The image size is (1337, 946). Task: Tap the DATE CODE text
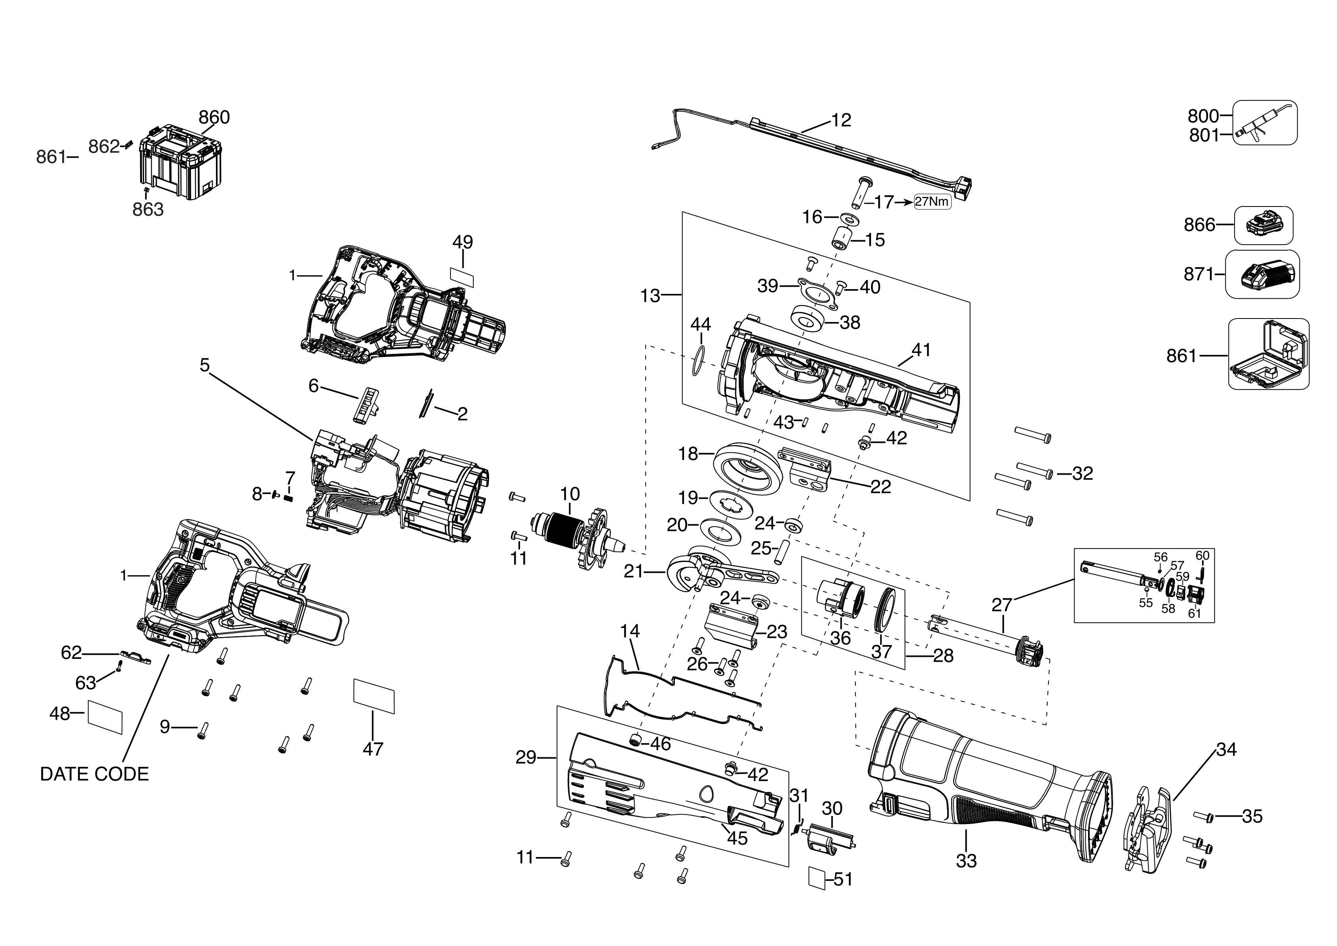94,774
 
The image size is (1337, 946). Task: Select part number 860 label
214,117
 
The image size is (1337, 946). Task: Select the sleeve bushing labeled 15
842,237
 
